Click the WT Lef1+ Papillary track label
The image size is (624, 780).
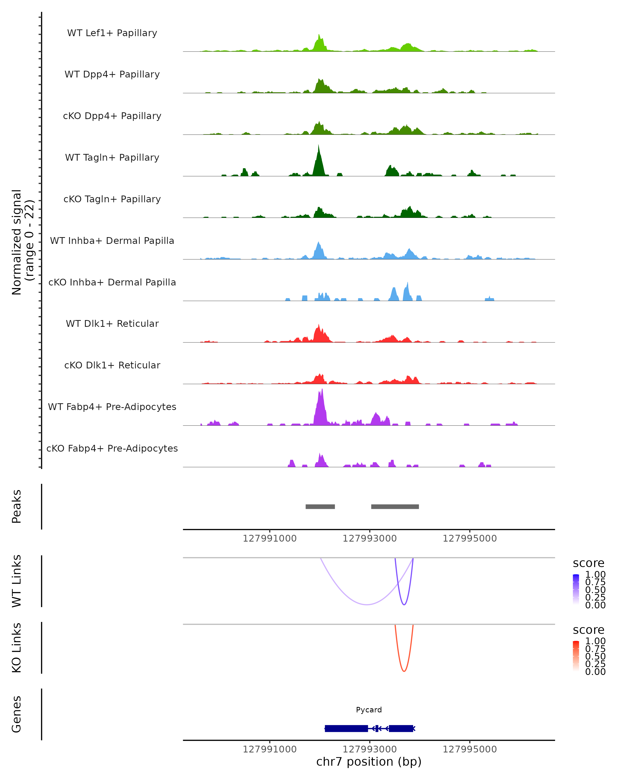click(x=112, y=33)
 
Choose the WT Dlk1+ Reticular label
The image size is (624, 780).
click(x=112, y=323)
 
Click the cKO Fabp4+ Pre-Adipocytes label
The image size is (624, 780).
click(x=112, y=448)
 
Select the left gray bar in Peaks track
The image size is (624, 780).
click(x=320, y=506)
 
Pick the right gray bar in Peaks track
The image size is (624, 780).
click(x=395, y=506)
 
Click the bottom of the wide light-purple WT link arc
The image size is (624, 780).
click(x=367, y=604)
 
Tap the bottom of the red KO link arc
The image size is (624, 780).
click(x=404, y=671)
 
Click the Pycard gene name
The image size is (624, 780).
click(x=369, y=710)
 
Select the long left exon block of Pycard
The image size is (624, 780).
click(x=346, y=728)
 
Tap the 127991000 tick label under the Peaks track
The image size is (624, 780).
click(x=270, y=538)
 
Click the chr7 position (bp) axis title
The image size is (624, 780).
click(x=369, y=762)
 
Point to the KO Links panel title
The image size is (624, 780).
click(x=17, y=648)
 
